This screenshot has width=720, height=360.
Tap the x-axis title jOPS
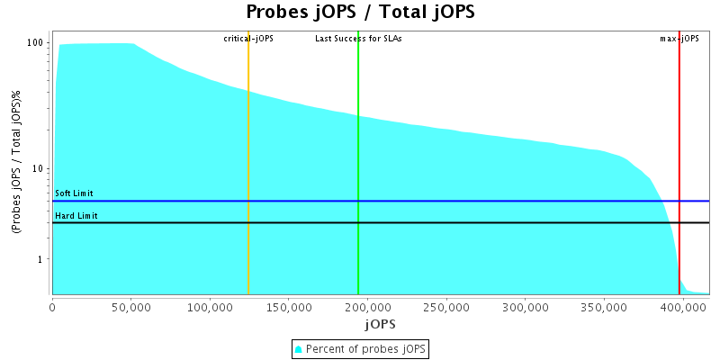tap(380, 323)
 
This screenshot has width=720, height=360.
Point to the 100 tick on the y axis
tap(36, 43)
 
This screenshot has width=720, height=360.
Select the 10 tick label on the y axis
tap(39, 169)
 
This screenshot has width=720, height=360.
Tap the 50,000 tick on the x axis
tap(130, 307)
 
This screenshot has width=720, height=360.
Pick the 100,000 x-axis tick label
tap(210, 307)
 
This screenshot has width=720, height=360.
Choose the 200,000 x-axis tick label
tap(367, 307)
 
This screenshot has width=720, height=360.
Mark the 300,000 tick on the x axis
tap(525, 307)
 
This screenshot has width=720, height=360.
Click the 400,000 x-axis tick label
tap(682, 307)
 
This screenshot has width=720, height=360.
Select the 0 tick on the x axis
tap(52, 307)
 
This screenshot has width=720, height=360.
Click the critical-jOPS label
tap(248, 39)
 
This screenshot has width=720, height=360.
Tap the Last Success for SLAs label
tap(358, 39)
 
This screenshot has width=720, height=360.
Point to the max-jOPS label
tap(679, 39)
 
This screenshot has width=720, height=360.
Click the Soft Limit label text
tap(74, 193)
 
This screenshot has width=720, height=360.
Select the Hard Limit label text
tap(76, 216)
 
